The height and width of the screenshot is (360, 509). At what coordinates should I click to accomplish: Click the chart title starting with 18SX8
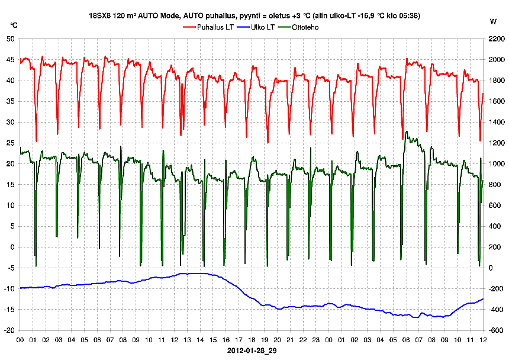(x=254, y=17)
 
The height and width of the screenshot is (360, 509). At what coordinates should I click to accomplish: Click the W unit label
(x=494, y=22)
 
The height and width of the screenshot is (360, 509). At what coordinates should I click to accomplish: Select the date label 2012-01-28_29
(x=251, y=351)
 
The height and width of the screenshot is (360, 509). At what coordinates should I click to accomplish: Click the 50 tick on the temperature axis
(x=10, y=39)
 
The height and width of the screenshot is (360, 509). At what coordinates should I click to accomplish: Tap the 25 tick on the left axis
(x=10, y=143)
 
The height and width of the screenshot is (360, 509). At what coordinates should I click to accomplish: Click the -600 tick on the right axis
(x=495, y=330)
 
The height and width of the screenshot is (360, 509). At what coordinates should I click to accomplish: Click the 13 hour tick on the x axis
(x=187, y=340)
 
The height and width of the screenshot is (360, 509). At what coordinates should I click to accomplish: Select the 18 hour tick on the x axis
(x=252, y=340)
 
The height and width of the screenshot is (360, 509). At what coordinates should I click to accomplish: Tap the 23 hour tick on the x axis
(x=316, y=340)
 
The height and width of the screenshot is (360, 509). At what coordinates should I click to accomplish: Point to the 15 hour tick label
(x=213, y=340)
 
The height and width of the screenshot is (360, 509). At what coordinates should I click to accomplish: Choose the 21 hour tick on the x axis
(x=290, y=340)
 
